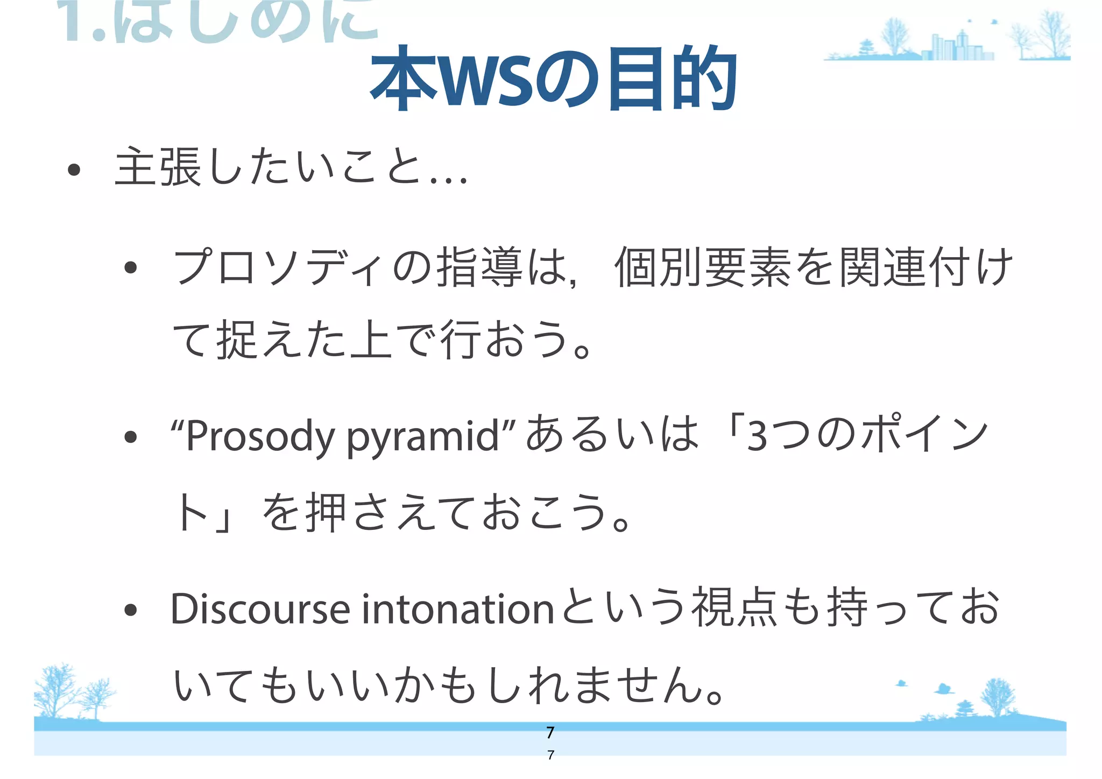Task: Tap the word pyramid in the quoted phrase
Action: (x=422, y=436)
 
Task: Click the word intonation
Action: (x=457, y=609)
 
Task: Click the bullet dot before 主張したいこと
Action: (x=74, y=171)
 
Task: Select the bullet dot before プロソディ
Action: (x=130, y=267)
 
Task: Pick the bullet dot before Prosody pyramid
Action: (x=130, y=437)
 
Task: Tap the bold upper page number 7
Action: (x=550, y=733)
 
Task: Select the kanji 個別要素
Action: (x=702, y=267)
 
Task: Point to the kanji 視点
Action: (x=734, y=608)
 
